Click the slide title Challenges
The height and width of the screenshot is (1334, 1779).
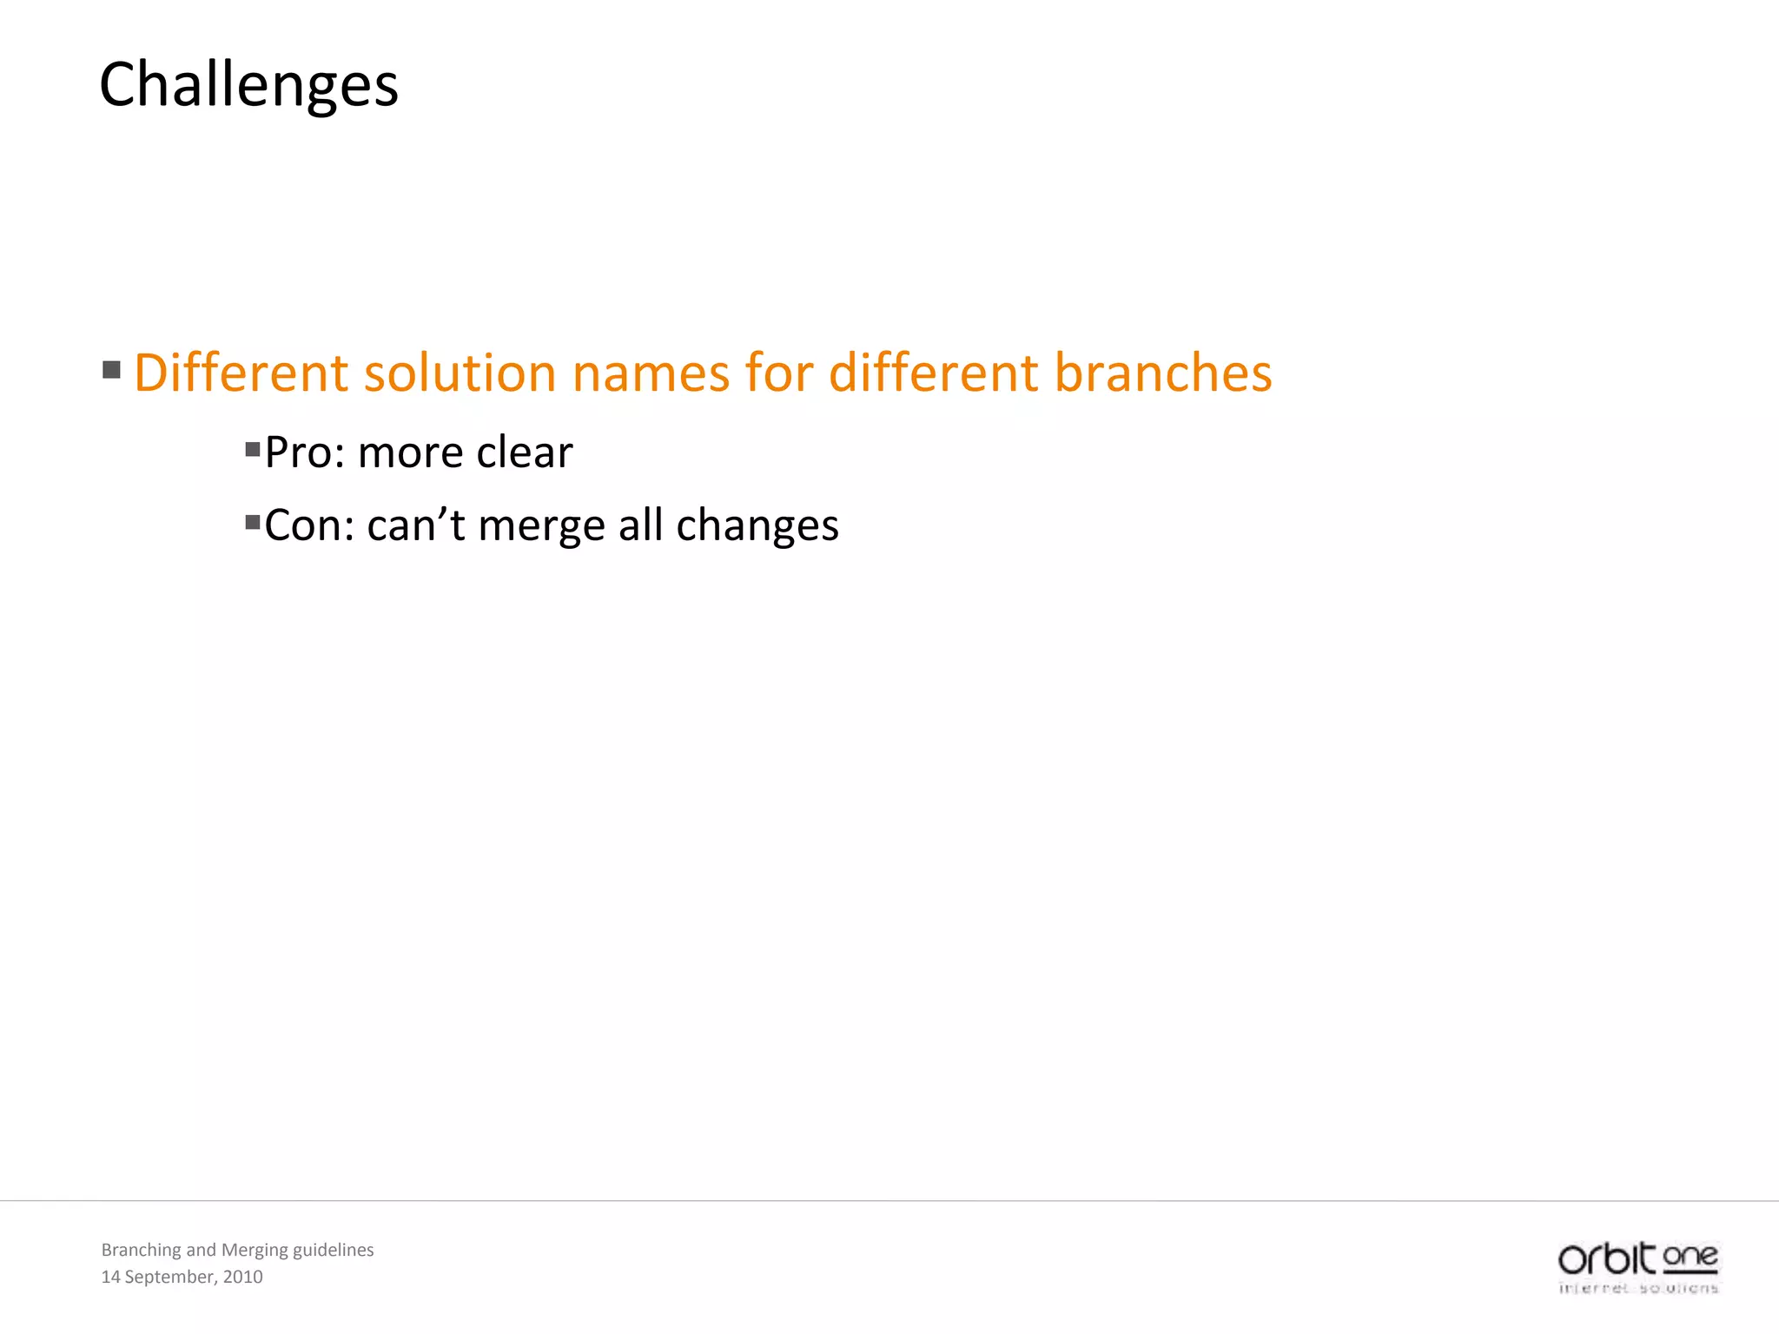click(248, 85)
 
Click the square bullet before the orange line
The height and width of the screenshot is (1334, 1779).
click(111, 371)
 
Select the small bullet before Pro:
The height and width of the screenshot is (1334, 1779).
click(253, 450)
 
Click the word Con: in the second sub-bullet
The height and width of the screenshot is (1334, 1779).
click(308, 525)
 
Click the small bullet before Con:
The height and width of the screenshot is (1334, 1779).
click(253, 523)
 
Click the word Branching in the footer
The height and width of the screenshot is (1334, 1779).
click(141, 1250)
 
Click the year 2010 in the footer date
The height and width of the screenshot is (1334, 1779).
click(242, 1277)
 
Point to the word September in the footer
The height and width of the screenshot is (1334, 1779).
click(169, 1277)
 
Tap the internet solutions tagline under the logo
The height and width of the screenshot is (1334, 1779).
click(1638, 1288)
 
